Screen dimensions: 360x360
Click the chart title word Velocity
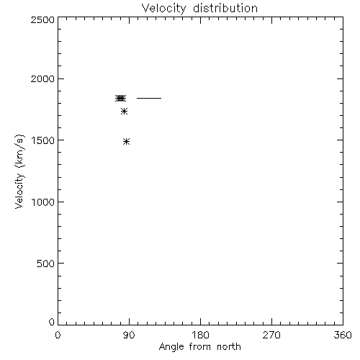point(163,9)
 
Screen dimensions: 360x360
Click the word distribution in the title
point(225,8)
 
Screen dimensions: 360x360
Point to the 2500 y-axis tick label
point(42,19)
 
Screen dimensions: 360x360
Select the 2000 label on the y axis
point(42,78)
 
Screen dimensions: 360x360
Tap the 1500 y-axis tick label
point(43,140)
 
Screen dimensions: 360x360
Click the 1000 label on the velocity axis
point(43,202)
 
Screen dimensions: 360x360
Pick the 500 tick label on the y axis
point(45,264)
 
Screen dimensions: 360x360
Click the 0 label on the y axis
point(52,322)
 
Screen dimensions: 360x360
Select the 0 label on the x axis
point(58,335)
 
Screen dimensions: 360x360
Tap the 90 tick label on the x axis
point(129,335)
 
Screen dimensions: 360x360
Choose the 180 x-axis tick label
point(200,335)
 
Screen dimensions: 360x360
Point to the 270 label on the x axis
point(271,335)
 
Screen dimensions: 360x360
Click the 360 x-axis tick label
point(343,335)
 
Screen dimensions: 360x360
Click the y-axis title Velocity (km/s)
point(19,171)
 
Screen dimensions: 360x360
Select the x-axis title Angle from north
point(200,347)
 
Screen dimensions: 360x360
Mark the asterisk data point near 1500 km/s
point(127,142)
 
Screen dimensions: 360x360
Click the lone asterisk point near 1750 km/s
point(124,111)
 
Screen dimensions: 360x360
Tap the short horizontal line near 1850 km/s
point(149,98)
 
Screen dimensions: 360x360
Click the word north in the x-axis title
point(229,346)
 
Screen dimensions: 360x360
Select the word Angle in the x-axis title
point(171,347)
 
